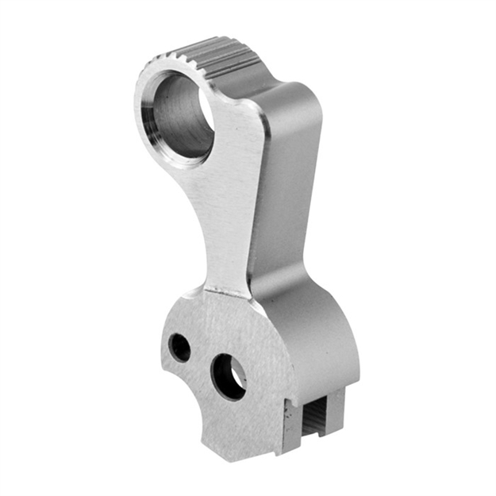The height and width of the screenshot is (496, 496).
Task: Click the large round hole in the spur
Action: coord(181,116)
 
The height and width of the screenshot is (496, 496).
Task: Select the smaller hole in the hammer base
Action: coord(180,347)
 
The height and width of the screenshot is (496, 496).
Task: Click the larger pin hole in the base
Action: coord(229,375)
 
